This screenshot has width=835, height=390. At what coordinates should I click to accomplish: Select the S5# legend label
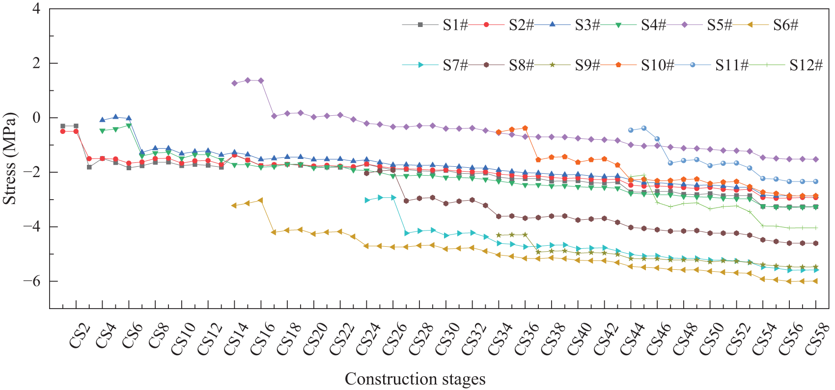point(719,25)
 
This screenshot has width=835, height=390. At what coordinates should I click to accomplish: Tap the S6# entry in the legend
point(785,25)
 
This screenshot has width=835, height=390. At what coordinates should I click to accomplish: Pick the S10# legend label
point(657,65)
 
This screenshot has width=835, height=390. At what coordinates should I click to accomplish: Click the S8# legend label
point(521,65)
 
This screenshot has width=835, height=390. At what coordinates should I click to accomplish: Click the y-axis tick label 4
point(36,9)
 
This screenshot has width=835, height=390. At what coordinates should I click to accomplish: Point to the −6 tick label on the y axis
point(32,281)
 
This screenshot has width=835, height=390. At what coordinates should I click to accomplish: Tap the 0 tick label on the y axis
point(36,118)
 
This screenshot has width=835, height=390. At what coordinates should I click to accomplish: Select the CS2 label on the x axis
point(79,337)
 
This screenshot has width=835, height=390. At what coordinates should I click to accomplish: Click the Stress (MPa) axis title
point(10,159)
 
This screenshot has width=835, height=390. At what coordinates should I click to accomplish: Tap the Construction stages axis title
point(415,379)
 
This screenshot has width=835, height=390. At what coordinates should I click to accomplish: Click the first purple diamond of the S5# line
point(235,83)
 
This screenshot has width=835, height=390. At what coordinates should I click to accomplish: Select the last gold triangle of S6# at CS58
point(815,281)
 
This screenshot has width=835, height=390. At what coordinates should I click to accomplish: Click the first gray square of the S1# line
point(63,126)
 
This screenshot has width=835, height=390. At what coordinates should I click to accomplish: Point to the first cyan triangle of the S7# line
point(367,200)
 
